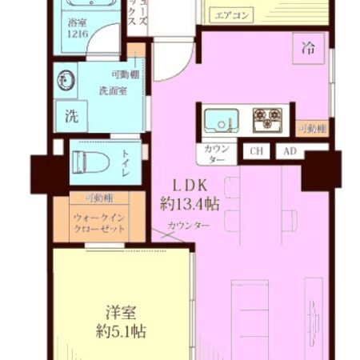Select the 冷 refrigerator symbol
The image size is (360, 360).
point(308,47)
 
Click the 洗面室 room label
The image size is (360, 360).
point(113,90)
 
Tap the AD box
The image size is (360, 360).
point(289,151)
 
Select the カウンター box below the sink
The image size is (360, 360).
point(216,154)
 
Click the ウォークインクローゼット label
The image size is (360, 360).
point(101,222)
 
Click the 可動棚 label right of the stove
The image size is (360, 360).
point(311,129)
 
